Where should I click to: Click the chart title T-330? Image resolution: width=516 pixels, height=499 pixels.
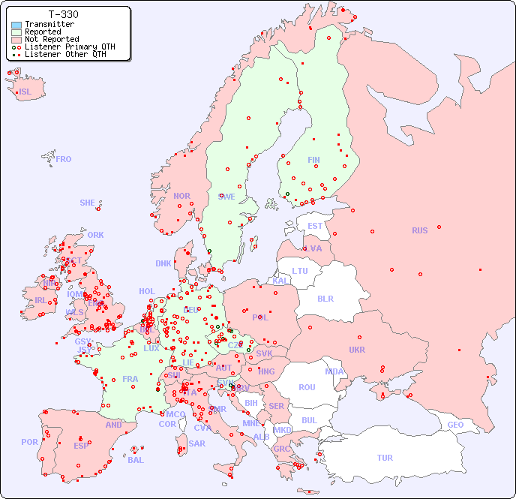63,14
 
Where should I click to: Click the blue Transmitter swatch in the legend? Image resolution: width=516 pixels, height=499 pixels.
16,25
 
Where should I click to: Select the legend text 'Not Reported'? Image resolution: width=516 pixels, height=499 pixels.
51,39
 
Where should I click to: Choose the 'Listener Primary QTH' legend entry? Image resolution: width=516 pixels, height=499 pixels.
70,47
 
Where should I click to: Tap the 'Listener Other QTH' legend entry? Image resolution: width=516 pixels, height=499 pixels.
64,54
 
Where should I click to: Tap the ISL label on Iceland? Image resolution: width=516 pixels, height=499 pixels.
25,92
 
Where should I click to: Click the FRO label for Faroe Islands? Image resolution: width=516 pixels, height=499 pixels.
64,159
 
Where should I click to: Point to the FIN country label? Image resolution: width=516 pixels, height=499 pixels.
313,160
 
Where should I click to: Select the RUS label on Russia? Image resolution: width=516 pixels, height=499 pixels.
419,230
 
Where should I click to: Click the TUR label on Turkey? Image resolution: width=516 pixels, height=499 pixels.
385,458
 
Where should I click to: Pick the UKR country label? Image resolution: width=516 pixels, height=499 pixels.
357,350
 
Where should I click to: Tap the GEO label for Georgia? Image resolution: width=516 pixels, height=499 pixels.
455,425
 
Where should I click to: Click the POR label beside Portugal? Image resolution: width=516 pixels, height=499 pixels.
29,442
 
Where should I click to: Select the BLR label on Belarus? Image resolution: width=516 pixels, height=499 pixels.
325,298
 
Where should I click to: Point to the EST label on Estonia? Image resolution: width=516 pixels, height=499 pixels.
315,226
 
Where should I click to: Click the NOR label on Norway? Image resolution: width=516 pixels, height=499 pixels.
181,196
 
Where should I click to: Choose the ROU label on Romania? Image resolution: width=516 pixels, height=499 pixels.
307,387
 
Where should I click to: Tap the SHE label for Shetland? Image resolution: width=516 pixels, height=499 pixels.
88,203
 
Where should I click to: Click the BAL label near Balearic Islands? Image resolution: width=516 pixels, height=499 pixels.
136,460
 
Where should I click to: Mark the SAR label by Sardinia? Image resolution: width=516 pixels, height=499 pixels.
197,443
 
